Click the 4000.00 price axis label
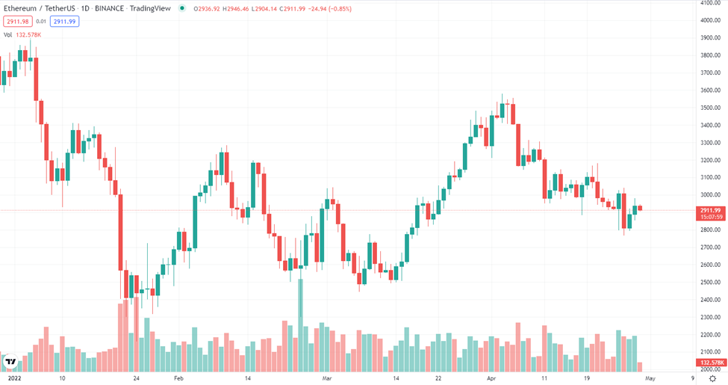(x=710, y=20)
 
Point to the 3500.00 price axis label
(x=710, y=108)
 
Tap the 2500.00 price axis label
(x=710, y=283)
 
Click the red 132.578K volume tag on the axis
(x=712, y=363)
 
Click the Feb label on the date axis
(x=178, y=378)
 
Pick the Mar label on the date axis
(x=327, y=378)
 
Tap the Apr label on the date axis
(x=491, y=378)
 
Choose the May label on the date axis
(x=650, y=378)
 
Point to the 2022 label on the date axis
(x=14, y=378)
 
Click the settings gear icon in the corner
(x=712, y=378)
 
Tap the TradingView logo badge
(x=10, y=361)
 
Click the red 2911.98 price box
(x=18, y=22)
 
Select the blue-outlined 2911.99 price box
(x=64, y=22)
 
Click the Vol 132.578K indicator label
(x=22, y=35)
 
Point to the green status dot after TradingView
(x=182, y=8)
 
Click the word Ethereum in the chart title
(x=20, y=8)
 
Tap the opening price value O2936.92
(x=207, y=9)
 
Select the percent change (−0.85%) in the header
(x=340, y=9)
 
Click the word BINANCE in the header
(x=110, y=8)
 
